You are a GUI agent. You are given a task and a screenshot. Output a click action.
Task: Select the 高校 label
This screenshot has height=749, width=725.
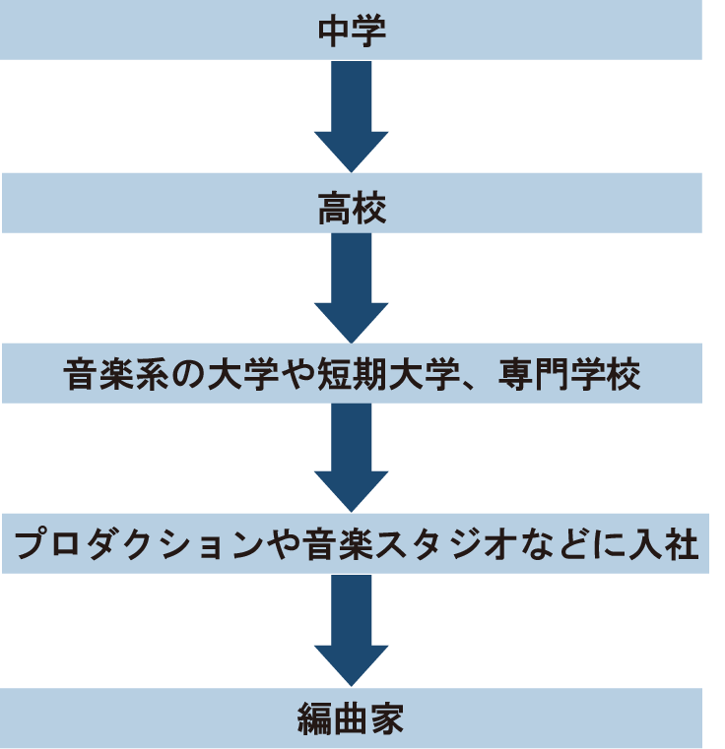[352, 208]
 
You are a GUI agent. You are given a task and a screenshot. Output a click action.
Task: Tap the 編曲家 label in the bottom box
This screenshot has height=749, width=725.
[352, 719]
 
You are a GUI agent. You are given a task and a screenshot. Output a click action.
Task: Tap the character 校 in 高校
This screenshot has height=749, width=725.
[369, 208]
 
